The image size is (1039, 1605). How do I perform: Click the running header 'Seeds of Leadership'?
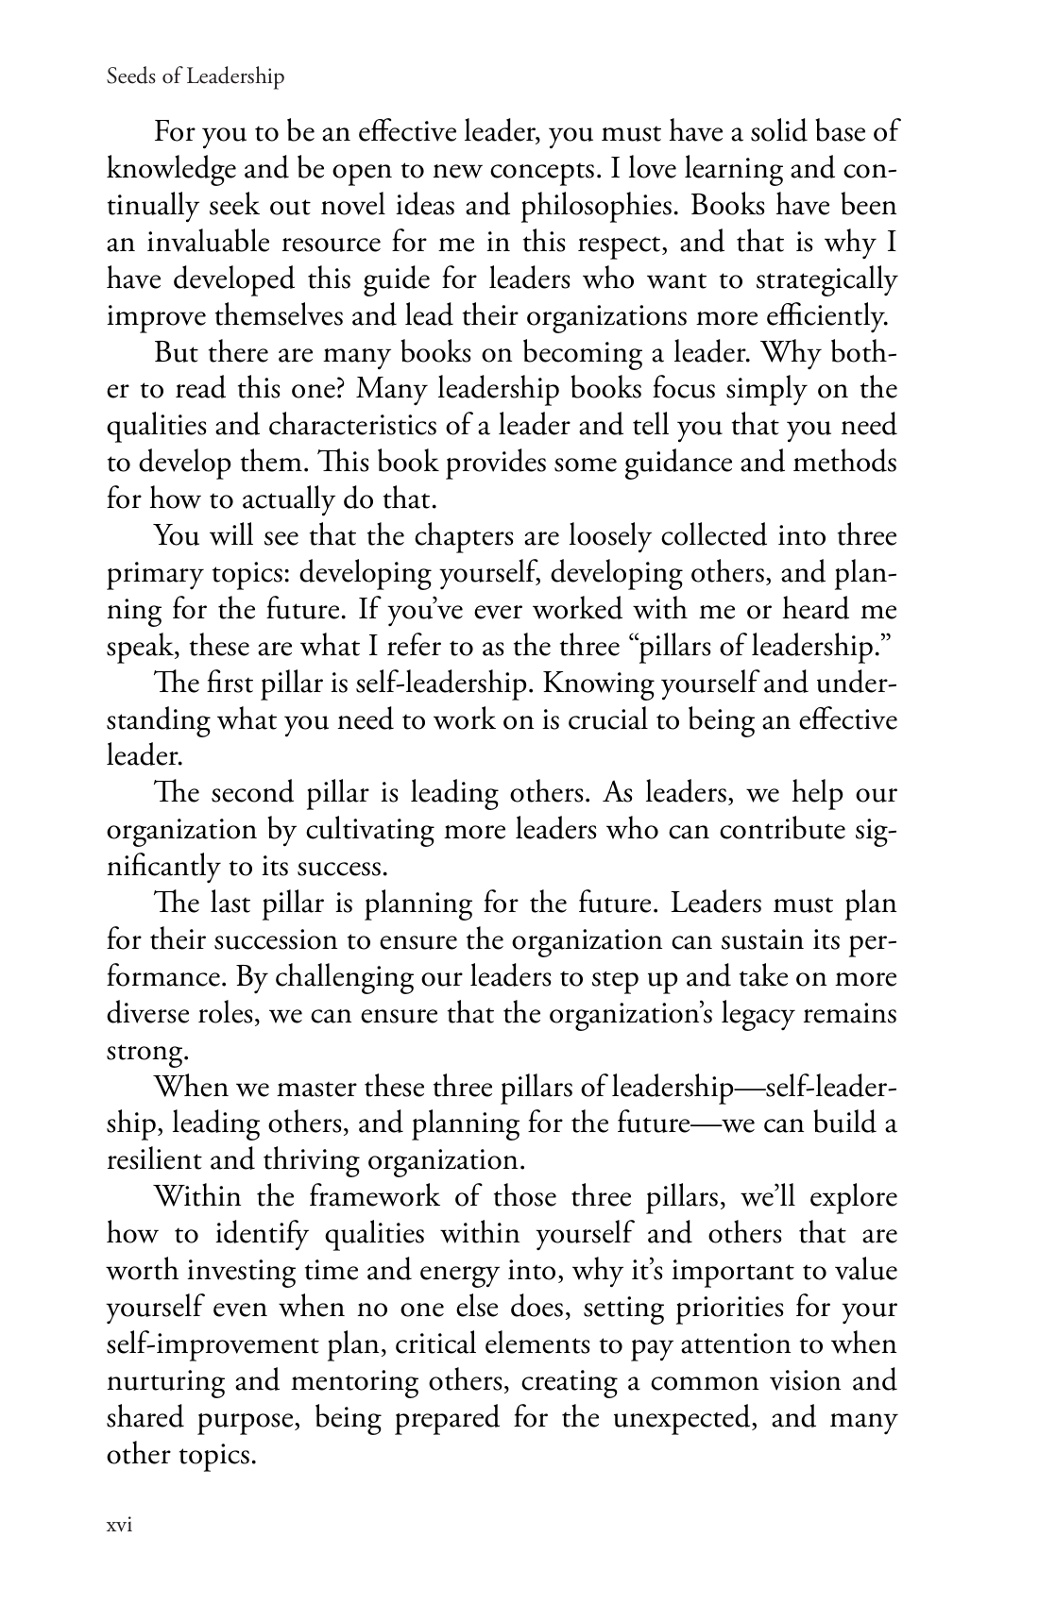click(x=196, y=77)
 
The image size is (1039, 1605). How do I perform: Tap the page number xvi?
click(x=119, y=1527)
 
